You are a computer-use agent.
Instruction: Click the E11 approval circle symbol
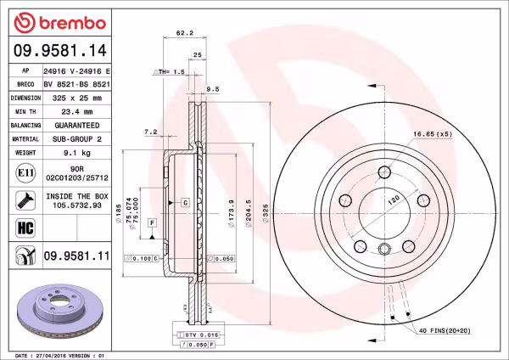25,174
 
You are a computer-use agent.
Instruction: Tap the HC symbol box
25,228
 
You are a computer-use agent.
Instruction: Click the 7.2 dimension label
151,132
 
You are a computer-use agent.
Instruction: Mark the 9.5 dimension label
213,87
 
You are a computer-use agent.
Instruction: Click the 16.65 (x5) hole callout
430,134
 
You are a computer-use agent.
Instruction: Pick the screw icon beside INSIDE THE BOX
25,201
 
